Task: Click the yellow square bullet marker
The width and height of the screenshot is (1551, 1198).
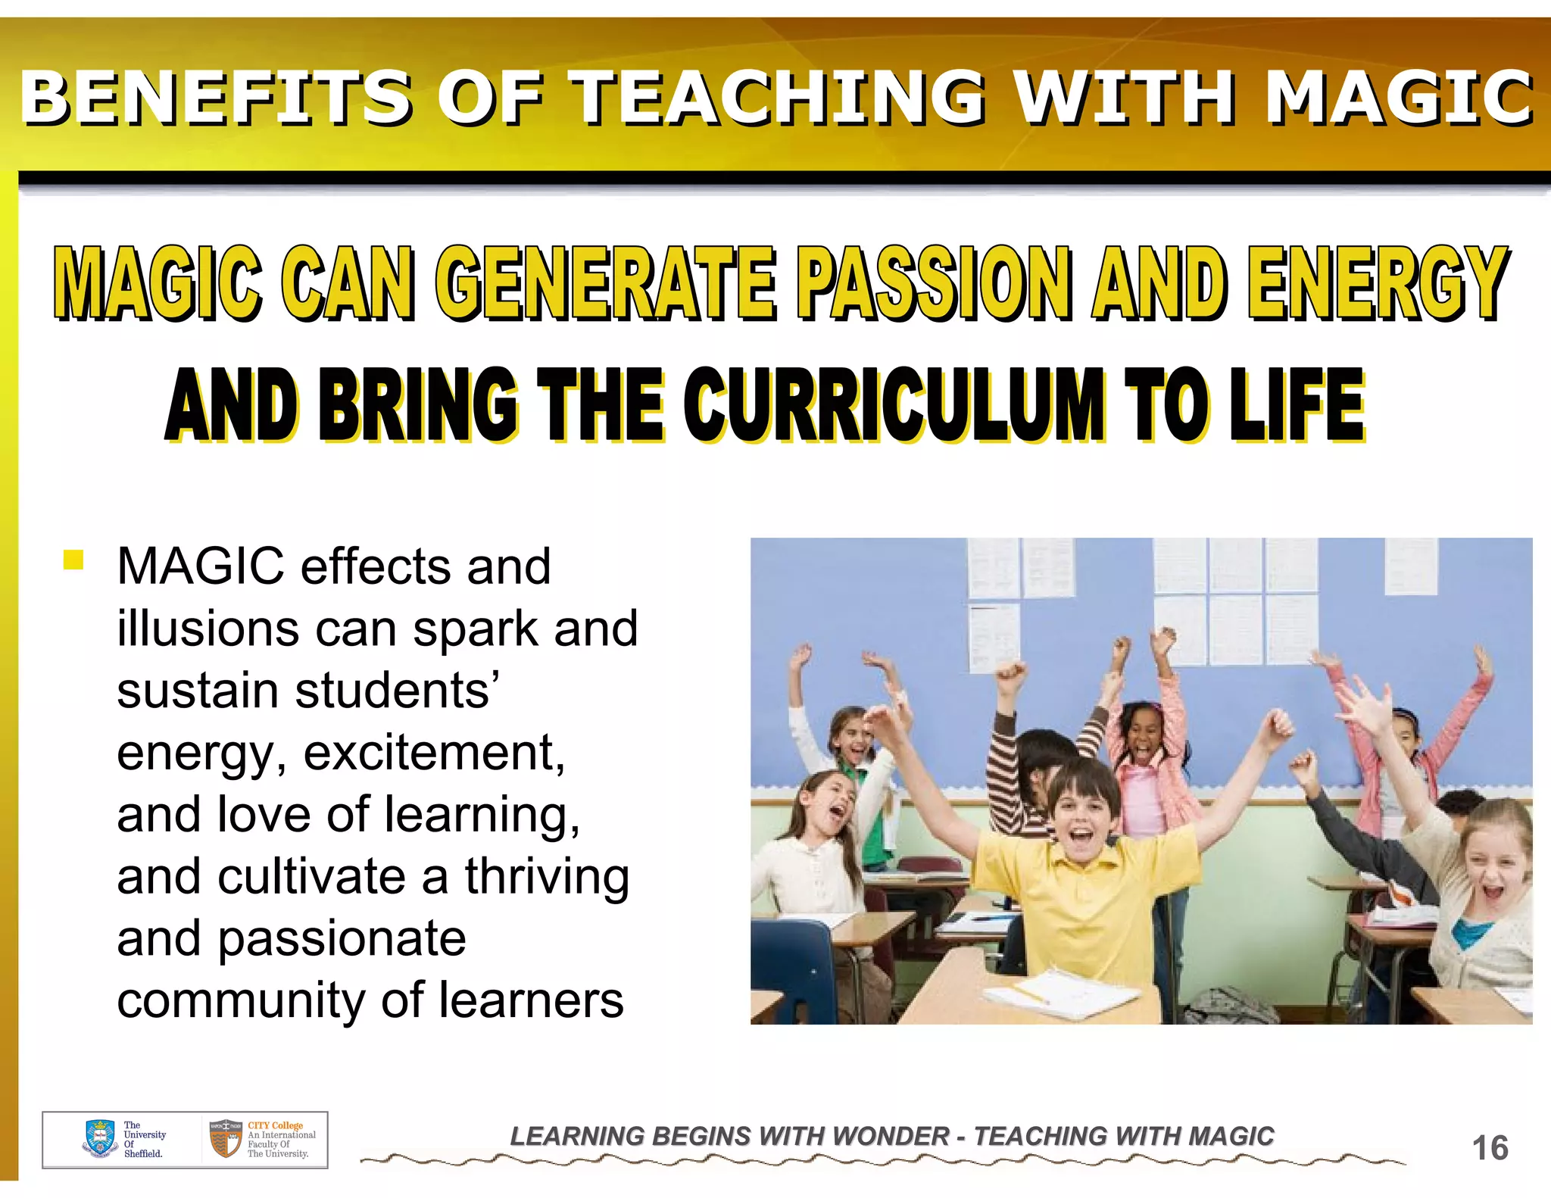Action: tap(73, 560)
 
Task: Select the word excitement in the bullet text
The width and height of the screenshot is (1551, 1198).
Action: tap(434, 753)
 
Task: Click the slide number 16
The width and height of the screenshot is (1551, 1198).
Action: tap(1490, 1148)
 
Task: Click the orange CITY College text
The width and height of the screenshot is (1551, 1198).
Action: tap(275, 1125)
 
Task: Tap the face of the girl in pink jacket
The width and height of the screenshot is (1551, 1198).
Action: tap(1145, 732)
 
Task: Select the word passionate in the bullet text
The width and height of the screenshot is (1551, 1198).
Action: tap(342, 939)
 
